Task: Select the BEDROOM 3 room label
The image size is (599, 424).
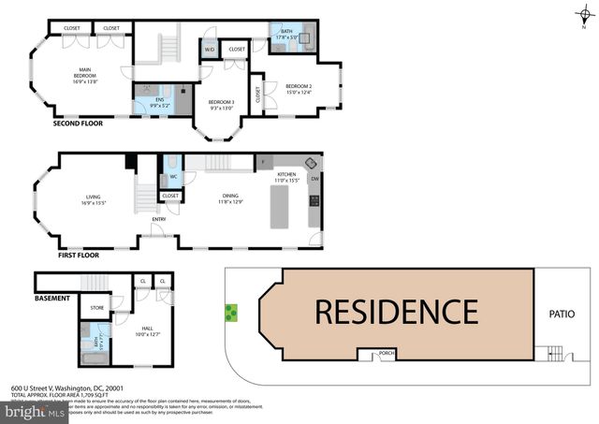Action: coord(221,102)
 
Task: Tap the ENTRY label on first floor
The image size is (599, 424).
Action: coord(172,219)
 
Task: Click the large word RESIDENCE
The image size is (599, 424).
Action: coord(395,311)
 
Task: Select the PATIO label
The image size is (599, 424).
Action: coord(562,314)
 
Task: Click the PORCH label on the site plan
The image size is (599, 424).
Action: coord(386,354)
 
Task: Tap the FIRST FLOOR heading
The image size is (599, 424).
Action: coord(82,254)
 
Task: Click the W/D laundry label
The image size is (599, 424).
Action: coord(210,49)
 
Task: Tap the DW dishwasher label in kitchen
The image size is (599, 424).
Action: coord(314,179)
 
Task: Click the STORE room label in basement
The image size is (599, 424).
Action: coord(96,307)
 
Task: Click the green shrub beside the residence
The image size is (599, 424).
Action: coord(229,313)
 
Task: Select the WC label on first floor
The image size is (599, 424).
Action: coord(173,175)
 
